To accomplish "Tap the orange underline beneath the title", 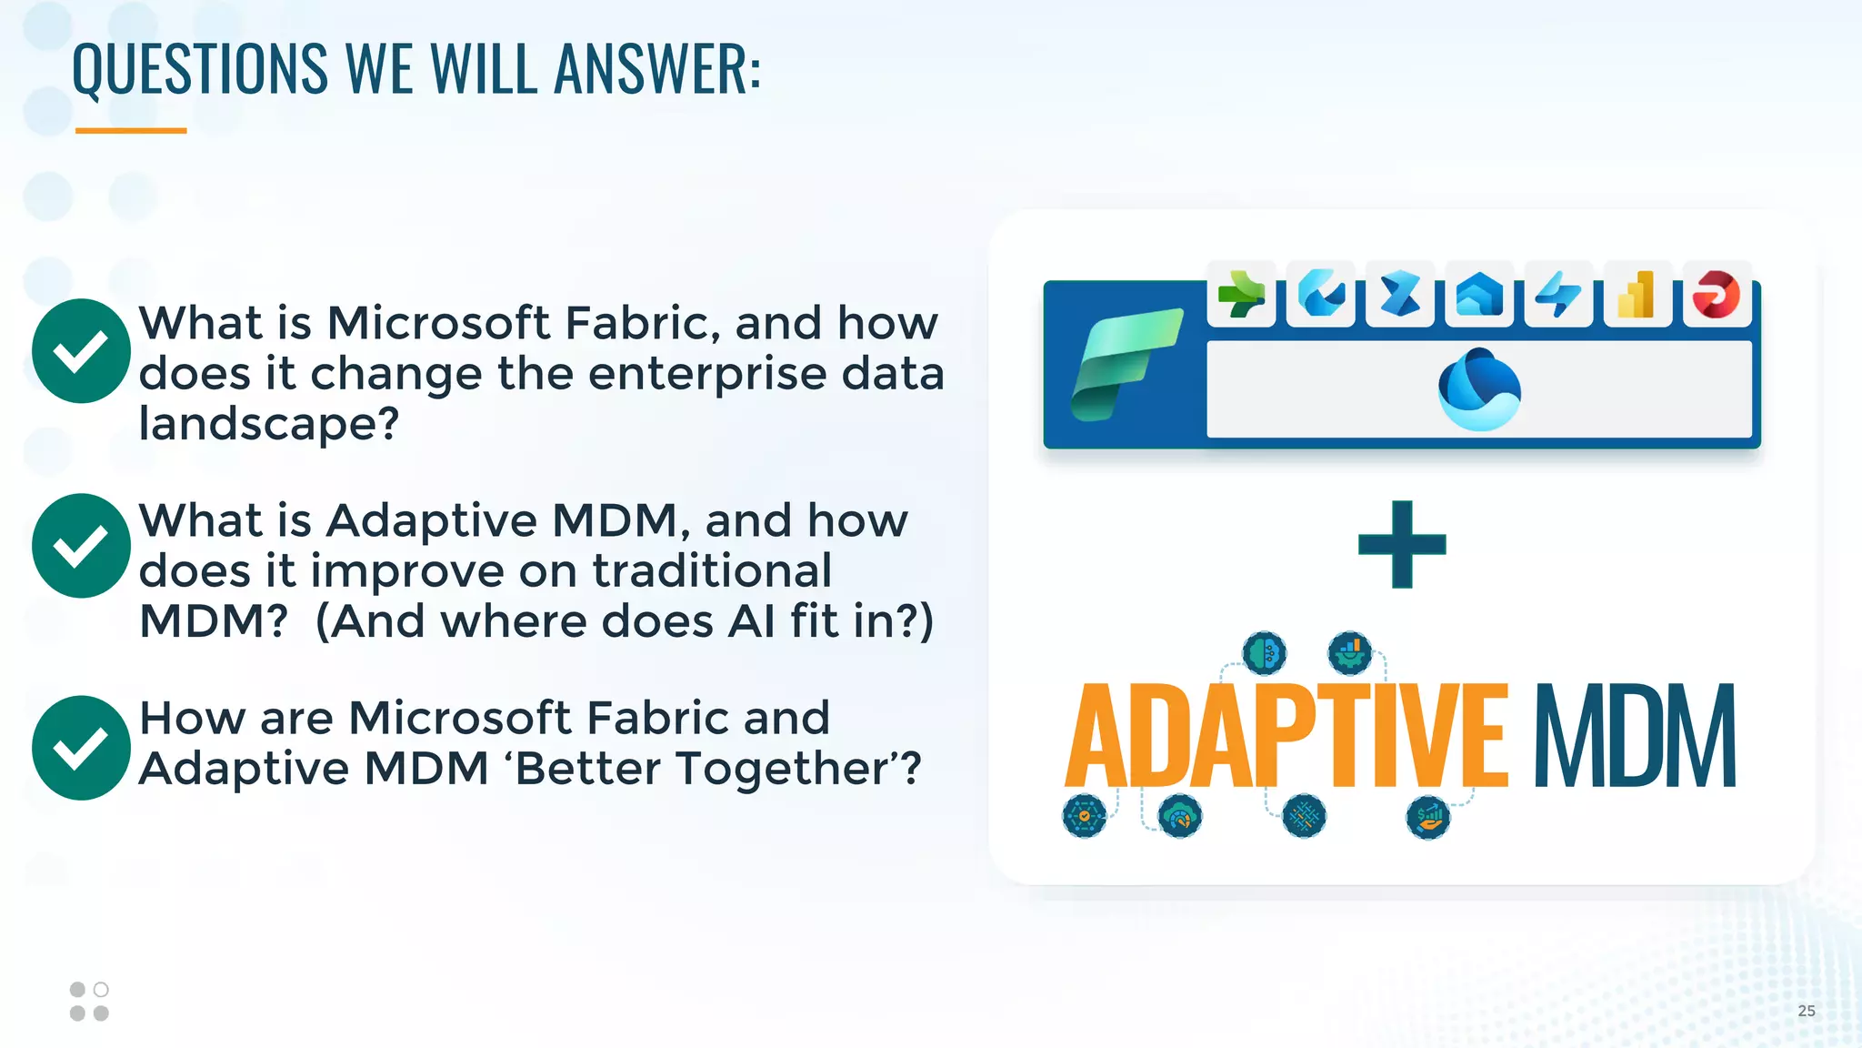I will click(131, 131).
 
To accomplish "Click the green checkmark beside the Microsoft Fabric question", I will click(81, 351).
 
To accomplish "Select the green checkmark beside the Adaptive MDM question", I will click(81, 546).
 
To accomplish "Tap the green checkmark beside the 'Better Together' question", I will click(81, 748).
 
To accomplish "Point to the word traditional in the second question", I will click(712, 571).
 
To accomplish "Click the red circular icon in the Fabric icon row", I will click(1717, 295).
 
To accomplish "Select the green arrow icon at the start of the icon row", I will click(1241, 295).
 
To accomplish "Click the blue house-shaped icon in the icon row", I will click(1479, 295).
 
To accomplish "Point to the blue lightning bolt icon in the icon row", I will click(1558, 295).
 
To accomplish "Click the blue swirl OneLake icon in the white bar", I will click(1479, 389).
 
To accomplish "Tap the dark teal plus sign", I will click(1402, 544).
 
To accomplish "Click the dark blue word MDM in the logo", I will click(1635, 737).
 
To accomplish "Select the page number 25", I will click(1806, 1011).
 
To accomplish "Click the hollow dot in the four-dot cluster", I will click(101, 989).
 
